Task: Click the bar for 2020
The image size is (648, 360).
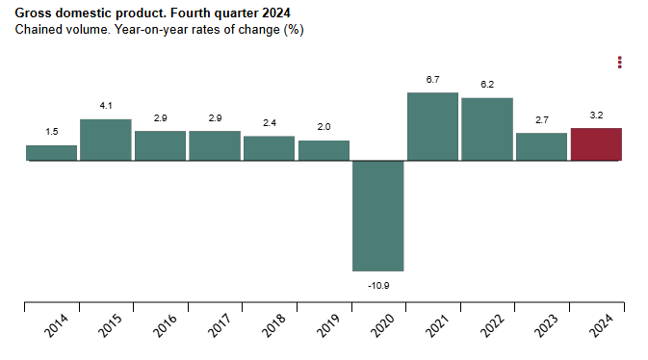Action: coord(377,216)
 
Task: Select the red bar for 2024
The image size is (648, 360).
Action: coord(596,144)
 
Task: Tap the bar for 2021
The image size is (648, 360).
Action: coord(432,126)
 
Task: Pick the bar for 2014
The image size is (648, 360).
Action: coord(51,153)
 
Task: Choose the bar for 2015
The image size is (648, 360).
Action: coord(105,140)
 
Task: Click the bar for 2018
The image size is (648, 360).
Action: coord(269,148)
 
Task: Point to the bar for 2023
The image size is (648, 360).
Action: coord(541,146)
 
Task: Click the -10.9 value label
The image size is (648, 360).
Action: coord(377,286)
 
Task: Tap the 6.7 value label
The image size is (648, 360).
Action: coord(432,79)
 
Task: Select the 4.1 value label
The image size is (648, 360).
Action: coord(105,106)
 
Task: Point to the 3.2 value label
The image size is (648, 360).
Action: coord(596,116)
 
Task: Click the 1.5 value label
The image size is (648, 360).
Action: coord(51,132)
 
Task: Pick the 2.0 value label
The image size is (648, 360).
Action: coord(324,127)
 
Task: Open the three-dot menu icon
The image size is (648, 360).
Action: coord(620,63)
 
